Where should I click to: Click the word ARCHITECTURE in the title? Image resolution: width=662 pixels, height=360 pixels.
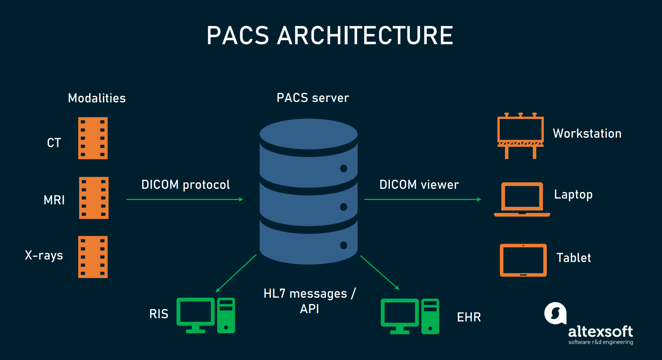pos(364,36)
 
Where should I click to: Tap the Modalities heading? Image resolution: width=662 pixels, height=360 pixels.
pos(97,98)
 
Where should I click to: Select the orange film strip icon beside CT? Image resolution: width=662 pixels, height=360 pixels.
pos(93,138)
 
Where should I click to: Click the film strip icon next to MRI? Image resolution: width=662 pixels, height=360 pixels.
pos(94,198)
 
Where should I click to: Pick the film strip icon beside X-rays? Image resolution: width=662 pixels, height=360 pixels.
pos(93,257)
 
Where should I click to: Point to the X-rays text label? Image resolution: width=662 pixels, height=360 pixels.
pos(44,255)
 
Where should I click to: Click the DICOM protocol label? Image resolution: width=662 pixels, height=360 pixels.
pos(185,185)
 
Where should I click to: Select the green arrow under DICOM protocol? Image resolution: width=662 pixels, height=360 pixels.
pos(185,199)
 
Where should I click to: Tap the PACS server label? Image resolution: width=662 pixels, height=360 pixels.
pos(313,98)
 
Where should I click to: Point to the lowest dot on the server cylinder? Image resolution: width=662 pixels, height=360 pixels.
pos(344,245)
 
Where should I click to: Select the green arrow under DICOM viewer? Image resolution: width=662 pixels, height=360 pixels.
pos(422,199)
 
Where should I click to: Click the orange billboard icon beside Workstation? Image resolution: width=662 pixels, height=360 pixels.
pos(520,135)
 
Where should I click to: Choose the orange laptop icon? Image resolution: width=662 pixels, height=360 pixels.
pos(522,199)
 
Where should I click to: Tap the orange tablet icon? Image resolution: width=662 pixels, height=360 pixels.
pos(523,260)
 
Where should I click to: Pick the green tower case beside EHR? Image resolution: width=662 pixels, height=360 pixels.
pos(430,316)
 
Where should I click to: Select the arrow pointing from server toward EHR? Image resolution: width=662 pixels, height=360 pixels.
pos(380,272)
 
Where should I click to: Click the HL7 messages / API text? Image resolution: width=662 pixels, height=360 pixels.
pos(309,301)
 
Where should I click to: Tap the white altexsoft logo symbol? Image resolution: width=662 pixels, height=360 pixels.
pos(555,313)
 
